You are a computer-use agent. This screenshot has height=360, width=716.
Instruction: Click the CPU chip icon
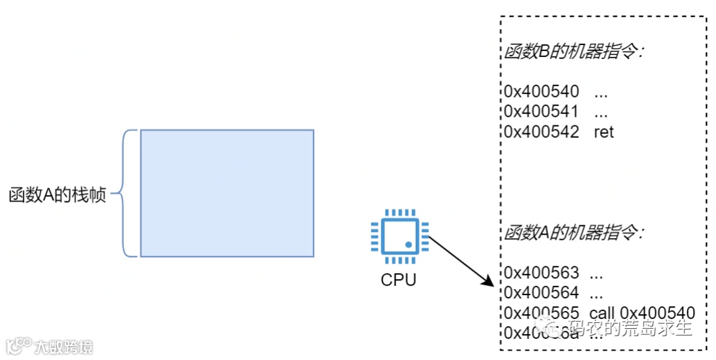point(398,235)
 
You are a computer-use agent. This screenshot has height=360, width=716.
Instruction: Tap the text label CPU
point(398,280)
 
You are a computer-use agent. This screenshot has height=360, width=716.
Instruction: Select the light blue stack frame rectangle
point(227,193)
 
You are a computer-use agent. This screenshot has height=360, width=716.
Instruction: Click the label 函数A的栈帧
point(58,196)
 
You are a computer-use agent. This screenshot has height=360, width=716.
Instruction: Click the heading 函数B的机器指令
point(573,53)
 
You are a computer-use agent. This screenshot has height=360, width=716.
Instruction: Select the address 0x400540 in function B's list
point(541,91)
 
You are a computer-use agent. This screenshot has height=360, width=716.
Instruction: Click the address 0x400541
point(541,111)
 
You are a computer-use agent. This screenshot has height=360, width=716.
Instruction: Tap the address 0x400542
point(541,132)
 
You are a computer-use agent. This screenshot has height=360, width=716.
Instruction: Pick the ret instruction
point(604,132)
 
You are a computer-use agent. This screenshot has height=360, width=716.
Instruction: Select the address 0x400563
point(541,272)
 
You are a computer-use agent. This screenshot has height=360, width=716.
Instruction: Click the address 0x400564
point(541,292)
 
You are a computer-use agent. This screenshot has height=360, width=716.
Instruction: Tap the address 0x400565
point(541,313)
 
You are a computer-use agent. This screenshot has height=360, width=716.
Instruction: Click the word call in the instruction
point(601,313)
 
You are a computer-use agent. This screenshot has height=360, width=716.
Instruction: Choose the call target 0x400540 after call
point(657,313)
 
